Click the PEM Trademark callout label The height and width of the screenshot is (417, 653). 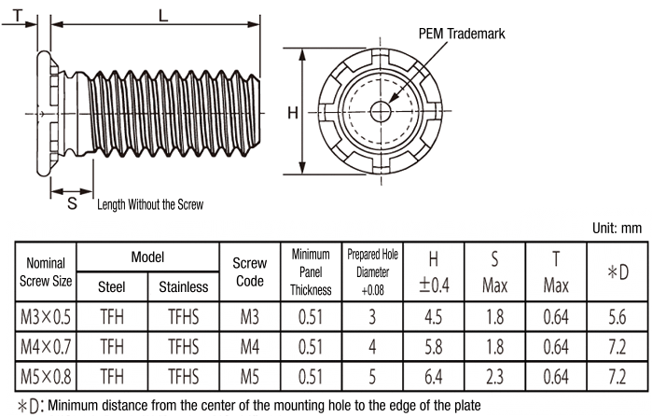click(461, 34)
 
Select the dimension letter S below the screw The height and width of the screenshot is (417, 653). click(72, 202)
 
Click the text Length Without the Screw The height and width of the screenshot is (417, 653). click(149, 204)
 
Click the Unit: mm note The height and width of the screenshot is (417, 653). click(618, 227)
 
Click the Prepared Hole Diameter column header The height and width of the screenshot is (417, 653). click(373, 271)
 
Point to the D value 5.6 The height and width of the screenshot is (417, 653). click(617, 318)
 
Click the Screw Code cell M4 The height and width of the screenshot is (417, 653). click(248, 348)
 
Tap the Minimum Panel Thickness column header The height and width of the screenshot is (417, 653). click(311, 271)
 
